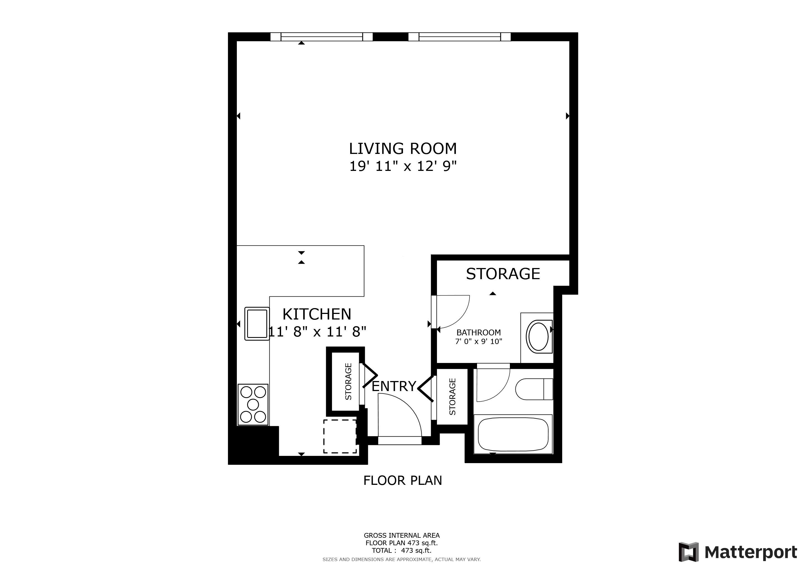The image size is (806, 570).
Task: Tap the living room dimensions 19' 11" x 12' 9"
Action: point(403,166)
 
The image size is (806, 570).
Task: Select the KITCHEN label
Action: point(317,314)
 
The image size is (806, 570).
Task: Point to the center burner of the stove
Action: point(253,405)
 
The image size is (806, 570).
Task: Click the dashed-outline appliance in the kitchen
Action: point(340,436)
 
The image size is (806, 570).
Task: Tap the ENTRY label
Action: point(394,386)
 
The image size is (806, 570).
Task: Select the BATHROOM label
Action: point(478,332)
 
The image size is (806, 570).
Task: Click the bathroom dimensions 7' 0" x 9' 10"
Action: point(478,341)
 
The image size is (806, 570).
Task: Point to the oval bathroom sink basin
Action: point(538,336)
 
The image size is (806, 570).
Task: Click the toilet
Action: point(534,389)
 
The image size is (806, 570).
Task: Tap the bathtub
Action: point(513,434)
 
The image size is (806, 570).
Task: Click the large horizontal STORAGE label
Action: point(503,274)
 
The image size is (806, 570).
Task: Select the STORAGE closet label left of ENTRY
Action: point(348,382)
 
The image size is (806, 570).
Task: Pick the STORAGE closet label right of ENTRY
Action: point(452,397)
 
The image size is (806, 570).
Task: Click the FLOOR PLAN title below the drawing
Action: point(403,480)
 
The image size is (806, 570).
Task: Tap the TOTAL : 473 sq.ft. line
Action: point(402,551)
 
